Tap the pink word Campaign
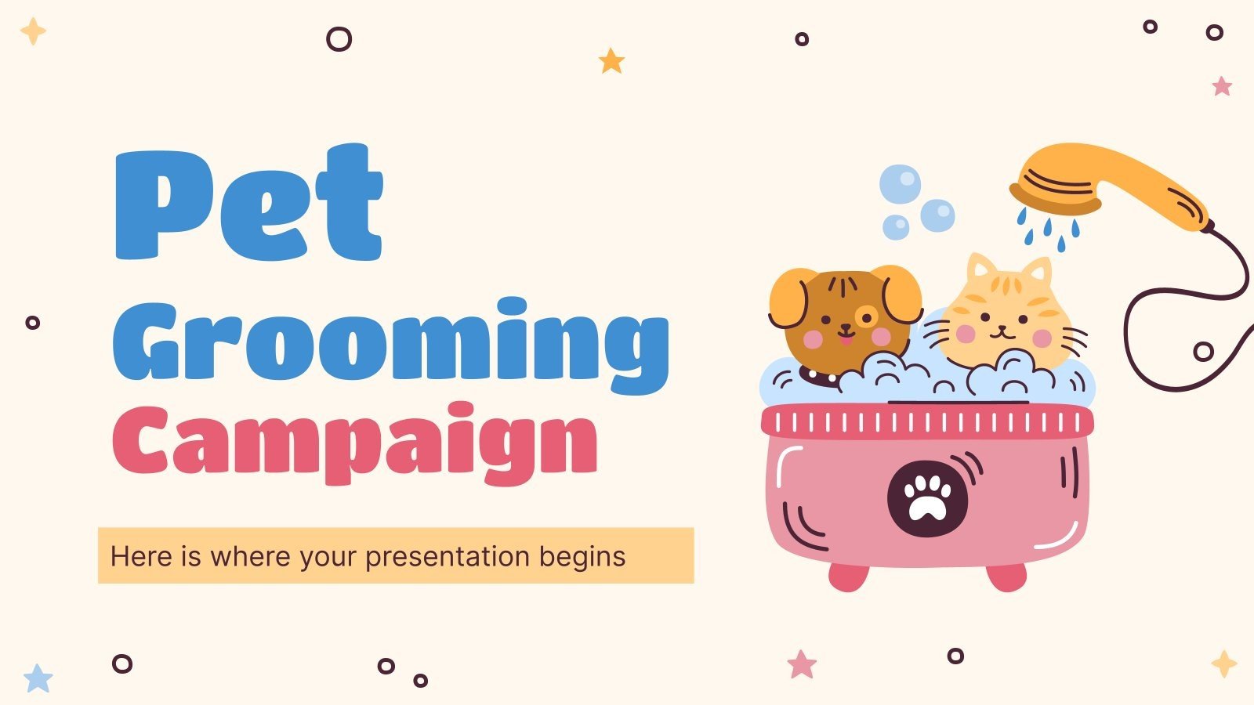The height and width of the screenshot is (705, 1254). point(354,443)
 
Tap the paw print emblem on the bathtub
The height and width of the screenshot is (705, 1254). point(927,498)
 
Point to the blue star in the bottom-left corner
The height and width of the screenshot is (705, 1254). point(38,678)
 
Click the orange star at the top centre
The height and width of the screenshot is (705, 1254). point(611,60)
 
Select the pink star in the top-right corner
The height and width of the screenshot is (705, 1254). point(1222,85)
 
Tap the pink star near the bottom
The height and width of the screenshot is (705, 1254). point(802,665)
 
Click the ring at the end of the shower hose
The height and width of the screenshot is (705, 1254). point(1203,352)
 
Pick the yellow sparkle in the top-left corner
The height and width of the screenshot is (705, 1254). point(33,31)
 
